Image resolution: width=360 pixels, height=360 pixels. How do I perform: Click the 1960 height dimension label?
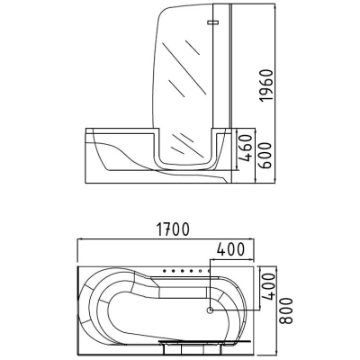point(267,85)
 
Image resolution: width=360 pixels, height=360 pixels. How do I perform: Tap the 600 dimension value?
point(265,156)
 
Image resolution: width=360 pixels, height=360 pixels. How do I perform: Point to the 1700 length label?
point(173,229)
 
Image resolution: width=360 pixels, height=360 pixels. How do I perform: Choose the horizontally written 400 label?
point(230,249)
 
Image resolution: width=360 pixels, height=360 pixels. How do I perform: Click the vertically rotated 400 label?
point(268,286)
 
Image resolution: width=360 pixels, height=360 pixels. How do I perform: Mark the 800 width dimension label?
point(286,310)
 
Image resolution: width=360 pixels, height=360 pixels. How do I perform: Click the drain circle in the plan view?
point(211,310)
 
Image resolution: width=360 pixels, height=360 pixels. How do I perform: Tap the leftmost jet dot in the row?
point(165,271)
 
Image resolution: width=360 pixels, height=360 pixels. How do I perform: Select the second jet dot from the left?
point(174,271)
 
